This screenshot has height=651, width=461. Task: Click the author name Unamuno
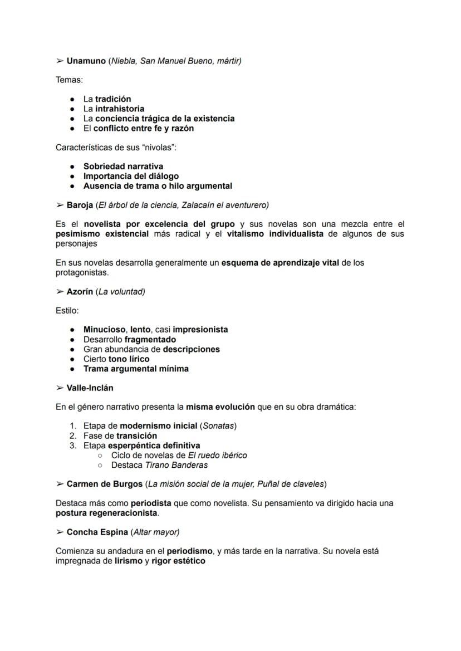86,61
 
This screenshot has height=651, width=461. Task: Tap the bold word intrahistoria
120,109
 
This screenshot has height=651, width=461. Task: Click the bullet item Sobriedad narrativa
123,167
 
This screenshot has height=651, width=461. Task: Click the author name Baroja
80,205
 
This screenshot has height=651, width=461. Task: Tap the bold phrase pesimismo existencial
102,234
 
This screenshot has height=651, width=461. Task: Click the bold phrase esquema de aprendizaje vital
280,263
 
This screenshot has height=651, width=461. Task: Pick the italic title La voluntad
120,292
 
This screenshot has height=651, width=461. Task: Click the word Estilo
67,311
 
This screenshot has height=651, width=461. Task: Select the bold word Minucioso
105,330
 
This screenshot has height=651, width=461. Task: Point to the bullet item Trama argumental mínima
136,369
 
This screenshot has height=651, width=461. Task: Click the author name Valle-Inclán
90,388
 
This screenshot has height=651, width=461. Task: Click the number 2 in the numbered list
73,435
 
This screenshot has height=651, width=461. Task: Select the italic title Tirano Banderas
176,465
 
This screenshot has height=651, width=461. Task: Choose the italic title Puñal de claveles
290,484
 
